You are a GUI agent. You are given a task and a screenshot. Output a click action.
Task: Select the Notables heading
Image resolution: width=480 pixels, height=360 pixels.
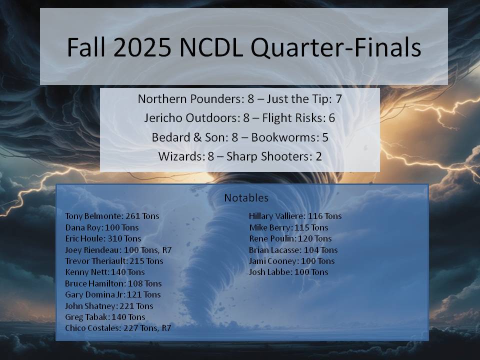246,198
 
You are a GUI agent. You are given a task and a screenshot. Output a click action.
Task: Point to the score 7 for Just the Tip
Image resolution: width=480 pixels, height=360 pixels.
338,99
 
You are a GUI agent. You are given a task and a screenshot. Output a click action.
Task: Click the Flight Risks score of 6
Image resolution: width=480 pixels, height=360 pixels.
332,118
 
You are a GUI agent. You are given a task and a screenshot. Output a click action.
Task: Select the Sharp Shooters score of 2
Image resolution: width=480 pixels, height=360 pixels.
318,156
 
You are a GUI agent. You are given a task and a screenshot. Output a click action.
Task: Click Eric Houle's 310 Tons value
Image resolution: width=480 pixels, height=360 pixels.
124,238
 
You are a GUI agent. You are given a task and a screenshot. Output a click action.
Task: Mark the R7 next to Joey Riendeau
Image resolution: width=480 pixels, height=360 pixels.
167,250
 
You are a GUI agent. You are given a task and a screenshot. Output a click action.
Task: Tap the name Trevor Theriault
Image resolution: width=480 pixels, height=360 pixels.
95,261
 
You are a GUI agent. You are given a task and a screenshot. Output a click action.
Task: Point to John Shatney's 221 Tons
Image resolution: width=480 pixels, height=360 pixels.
136,306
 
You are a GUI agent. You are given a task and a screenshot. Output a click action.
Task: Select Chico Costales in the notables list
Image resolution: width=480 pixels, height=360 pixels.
93,328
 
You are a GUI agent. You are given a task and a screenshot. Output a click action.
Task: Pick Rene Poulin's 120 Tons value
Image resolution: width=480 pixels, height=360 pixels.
315,238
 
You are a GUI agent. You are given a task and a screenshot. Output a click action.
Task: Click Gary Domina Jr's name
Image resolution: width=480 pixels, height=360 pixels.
94,294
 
